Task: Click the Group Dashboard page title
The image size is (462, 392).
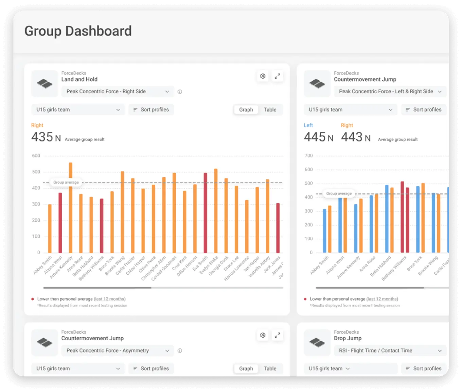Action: [78, 31]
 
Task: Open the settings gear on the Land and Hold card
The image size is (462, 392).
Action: [263, 76]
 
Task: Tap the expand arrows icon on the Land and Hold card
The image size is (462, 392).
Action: [278, 76]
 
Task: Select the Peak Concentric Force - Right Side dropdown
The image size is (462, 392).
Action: [118, 91]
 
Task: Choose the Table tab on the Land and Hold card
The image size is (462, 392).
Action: [270, 109]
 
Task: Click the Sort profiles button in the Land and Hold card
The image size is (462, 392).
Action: [151, 109]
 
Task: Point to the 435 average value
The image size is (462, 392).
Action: [42, 137]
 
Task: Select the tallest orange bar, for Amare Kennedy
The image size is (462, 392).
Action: [71, 207]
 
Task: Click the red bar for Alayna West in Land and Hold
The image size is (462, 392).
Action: [60, 223]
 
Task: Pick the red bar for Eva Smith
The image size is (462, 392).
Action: [205, 212]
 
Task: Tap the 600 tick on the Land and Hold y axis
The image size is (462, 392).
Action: [36, 156]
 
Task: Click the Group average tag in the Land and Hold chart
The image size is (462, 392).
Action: [66, 182]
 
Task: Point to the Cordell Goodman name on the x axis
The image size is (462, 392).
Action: [164, 269]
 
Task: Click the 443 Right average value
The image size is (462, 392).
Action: [352, 137]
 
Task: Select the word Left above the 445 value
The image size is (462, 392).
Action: [308, 125]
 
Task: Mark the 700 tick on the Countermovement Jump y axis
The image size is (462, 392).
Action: [308, 156]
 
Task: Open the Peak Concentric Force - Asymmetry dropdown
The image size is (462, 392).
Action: [118, 351]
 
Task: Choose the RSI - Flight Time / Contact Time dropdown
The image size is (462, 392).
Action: [390, 351]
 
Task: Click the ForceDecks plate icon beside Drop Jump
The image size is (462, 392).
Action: [317, 342]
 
